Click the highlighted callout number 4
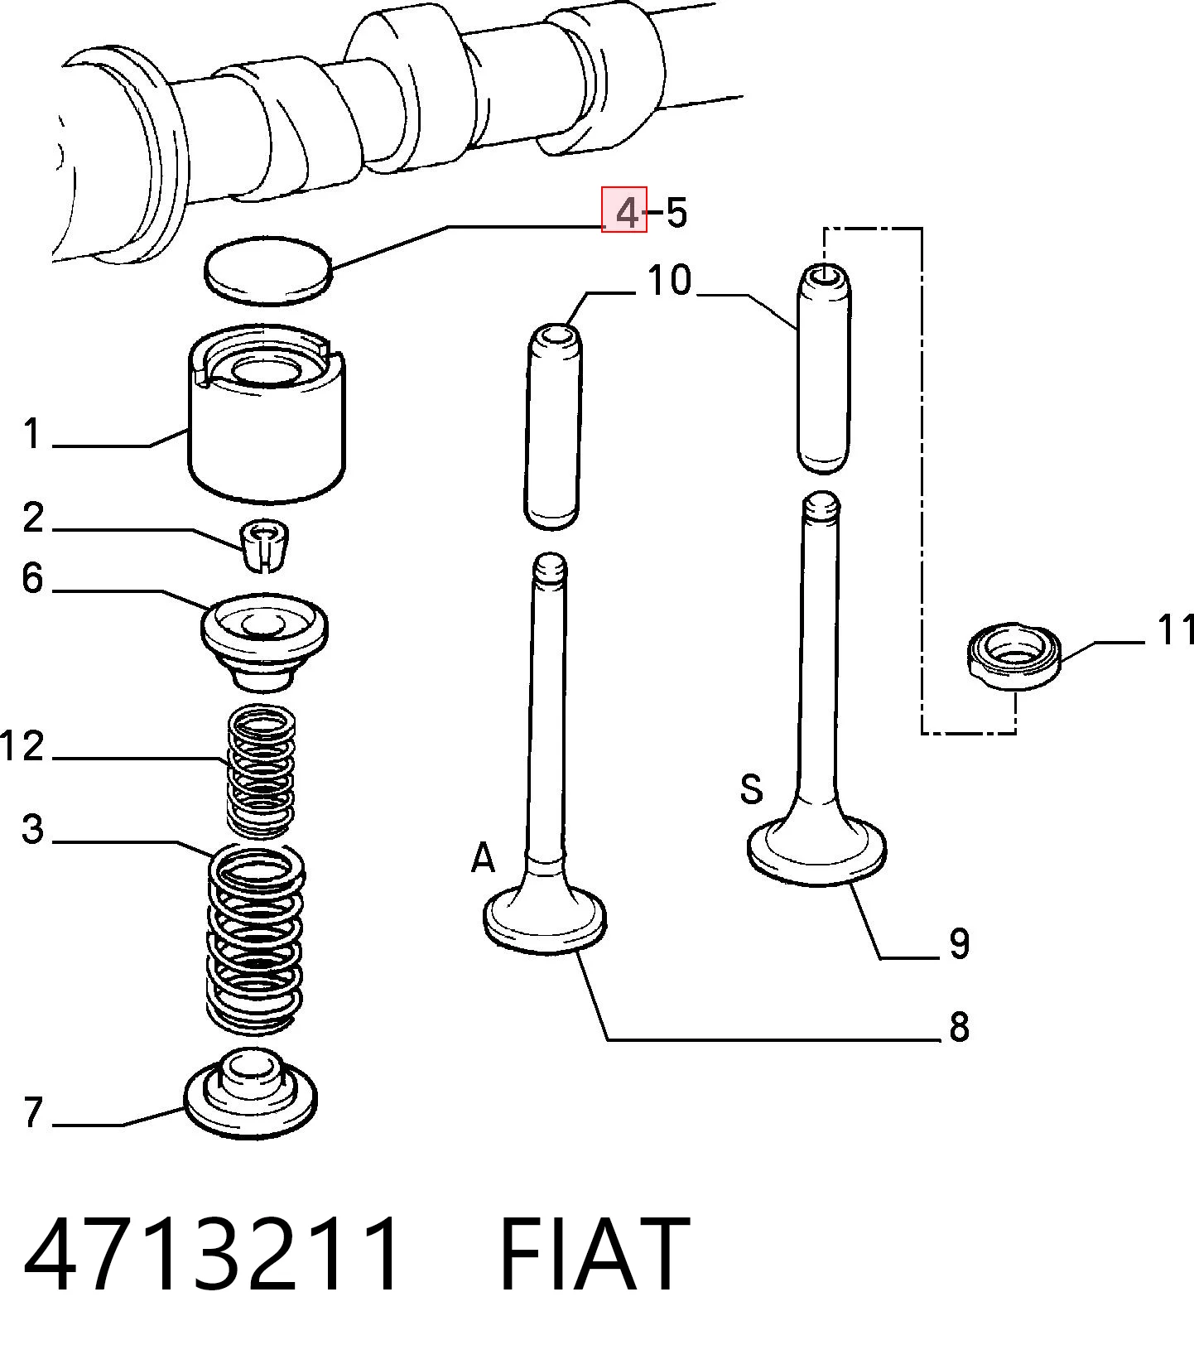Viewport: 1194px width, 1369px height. click(x=628, y=213)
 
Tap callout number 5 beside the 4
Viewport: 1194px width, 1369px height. click(x=676, y=213)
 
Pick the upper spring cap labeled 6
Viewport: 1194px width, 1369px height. click(x=264, y=641)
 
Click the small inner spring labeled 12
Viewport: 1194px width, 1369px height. click(x=261, y=770)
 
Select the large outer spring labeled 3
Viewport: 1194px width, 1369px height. click(x=255, y=938)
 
